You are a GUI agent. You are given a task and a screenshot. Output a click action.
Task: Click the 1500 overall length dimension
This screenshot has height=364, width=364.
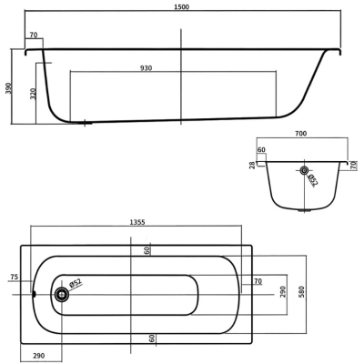(182, 7)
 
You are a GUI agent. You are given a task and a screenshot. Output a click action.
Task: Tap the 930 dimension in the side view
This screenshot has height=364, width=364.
(146, 68)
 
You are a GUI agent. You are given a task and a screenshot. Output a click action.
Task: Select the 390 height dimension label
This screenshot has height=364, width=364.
(9, 88)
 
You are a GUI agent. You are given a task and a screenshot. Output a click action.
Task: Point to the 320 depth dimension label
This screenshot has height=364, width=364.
(34, 94)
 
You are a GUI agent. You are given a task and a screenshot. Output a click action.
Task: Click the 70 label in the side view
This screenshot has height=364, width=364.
(34, 35)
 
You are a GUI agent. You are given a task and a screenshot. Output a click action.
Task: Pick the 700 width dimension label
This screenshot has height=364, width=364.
(300, 134)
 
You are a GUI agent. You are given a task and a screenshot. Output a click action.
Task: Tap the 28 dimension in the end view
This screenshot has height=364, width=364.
(252, 166)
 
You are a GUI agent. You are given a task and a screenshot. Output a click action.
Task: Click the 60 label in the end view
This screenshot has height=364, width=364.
(261, 150)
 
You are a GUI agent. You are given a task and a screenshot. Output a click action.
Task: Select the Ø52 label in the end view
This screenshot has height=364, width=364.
(312, 180)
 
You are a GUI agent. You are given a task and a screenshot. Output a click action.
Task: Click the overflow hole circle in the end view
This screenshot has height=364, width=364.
(304, 170)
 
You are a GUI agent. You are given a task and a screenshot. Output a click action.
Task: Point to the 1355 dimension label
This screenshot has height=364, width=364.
(137, 222)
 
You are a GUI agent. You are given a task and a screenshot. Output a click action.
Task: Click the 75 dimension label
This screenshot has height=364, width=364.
(14, 277)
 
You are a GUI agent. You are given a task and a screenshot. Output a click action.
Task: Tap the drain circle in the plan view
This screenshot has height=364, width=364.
(62, 294)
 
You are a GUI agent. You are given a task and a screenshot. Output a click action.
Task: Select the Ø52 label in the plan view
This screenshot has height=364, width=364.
(76, 283)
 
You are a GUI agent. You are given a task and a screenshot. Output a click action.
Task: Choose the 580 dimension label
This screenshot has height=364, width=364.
(301, 291)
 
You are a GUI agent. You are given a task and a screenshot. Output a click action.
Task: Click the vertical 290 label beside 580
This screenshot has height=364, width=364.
(283, 291)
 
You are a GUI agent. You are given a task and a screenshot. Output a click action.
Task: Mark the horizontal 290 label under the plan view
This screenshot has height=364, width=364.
(38, 356)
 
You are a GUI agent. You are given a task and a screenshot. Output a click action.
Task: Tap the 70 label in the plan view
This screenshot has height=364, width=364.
(258, 281)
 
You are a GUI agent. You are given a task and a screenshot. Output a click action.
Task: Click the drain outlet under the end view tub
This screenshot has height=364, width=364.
(304, 210)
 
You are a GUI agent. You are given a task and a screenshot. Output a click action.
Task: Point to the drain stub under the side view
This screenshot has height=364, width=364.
(85, 123)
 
